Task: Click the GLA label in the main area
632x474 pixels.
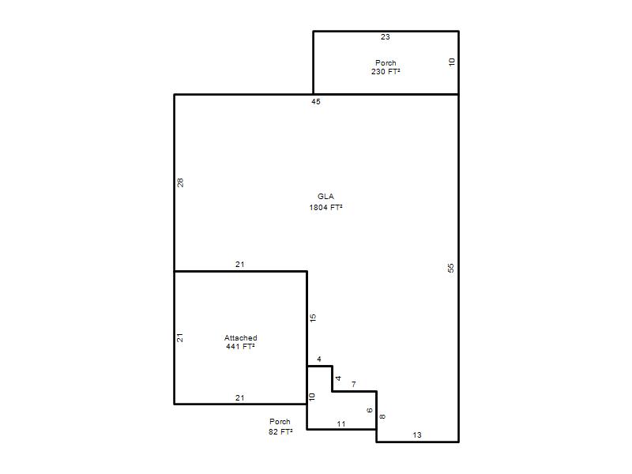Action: [x=325, y=196]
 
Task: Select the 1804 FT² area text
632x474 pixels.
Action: [x=325, y=207]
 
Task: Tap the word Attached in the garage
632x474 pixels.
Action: [x=241, y=338]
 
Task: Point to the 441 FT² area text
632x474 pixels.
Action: [x=241, y=346]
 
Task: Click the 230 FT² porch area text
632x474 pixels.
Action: [x=386, y=71]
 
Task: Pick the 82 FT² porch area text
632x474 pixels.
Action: [x=280, y=431]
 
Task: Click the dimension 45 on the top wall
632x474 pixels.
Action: [x=316, y=102]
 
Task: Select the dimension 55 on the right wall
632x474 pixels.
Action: [x=450, y=268]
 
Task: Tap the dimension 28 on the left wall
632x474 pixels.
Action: [x=180, y=182]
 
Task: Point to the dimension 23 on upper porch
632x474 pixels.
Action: [x=386, y=36]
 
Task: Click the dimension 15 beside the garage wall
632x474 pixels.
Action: [x=313, y=318]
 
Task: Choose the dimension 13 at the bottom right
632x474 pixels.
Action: [x=417, y=435]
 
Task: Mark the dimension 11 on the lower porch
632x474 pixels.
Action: [x=341, y=424]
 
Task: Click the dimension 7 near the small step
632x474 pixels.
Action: [x=354, y=384]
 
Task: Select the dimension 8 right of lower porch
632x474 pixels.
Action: [x=382, y=416]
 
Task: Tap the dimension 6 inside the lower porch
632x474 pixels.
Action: [x=370, y=410]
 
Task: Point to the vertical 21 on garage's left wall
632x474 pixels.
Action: [x=180, y=337]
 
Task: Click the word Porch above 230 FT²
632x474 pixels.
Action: [x=386, y=63]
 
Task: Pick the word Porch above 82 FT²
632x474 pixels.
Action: [x=280, y=421]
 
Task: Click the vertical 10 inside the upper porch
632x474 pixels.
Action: [x=451, y=62]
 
